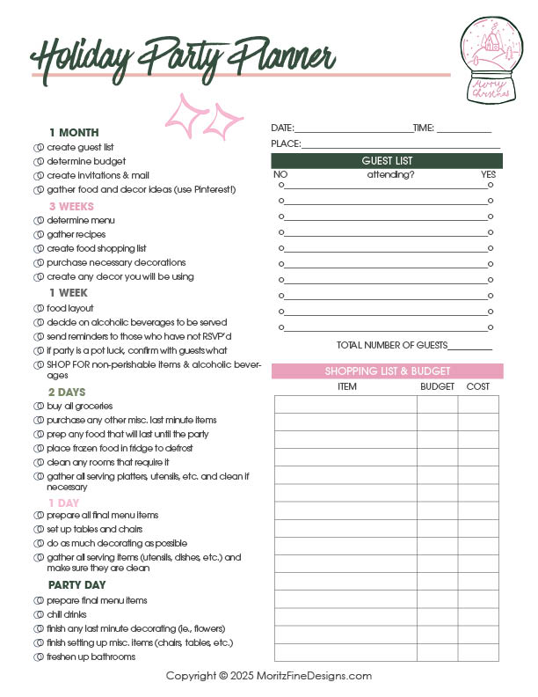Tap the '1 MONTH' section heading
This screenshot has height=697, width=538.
73,133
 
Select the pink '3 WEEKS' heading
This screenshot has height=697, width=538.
71,207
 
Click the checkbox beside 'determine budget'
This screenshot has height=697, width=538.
38,162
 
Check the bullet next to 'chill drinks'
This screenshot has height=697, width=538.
38,614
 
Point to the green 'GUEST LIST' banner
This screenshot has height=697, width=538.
387,161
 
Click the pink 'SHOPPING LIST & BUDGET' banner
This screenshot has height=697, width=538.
387,371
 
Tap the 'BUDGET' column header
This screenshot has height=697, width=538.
437,386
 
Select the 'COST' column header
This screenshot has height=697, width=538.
478,386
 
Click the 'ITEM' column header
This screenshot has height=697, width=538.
347,386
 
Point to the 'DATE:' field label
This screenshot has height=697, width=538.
282,128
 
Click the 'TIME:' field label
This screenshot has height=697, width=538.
424,128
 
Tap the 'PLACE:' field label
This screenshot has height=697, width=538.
286,143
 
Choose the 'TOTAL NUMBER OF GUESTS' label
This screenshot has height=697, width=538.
392,345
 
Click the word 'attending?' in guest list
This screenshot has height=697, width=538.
390,174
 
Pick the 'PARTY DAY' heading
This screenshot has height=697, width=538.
76,584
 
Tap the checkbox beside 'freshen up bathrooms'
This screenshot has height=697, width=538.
38,657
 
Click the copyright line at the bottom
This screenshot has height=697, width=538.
269,676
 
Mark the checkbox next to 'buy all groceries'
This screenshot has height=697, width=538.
38,407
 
